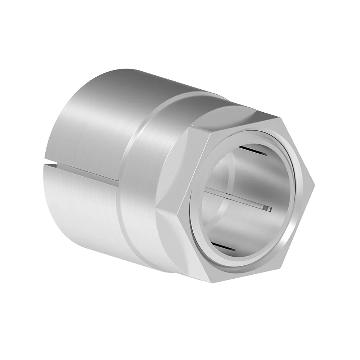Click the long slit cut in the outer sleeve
83,172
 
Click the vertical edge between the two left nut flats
169,203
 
